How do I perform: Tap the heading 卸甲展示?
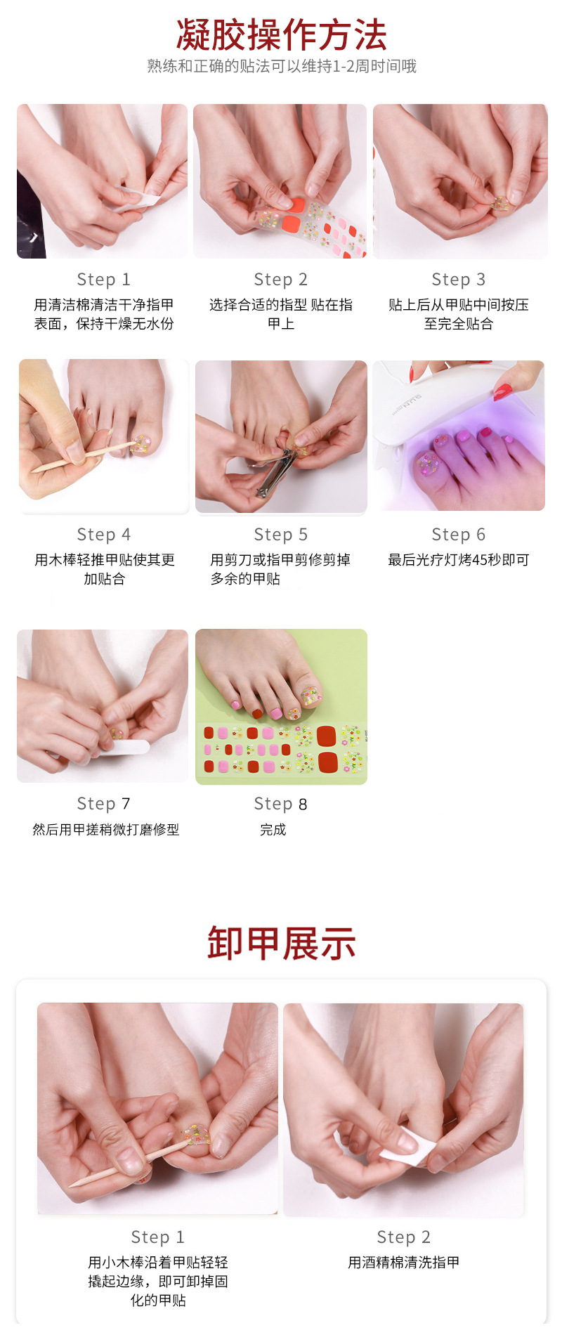pyautogui.click(x=281, y=944)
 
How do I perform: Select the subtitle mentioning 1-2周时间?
pyautogui.click(x=281, y=66)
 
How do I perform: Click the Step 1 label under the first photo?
pyautogui.click(x=103, y=280)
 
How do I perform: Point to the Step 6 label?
pyautogui.click(x=458, y=535)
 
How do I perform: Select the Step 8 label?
pyautogui.click(x=280, y=804)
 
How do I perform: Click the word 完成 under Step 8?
pyautogui.click(x=273, y=830)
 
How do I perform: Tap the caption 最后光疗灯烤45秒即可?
pyautogui.click(x=458, y=560)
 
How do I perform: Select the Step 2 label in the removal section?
pyautogui.click(x=403, y=1237)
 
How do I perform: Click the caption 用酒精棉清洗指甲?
pyautogui.click(x=403, y=1263)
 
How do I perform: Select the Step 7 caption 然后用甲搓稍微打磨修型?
pyautogui.click(x=105, y=830)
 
